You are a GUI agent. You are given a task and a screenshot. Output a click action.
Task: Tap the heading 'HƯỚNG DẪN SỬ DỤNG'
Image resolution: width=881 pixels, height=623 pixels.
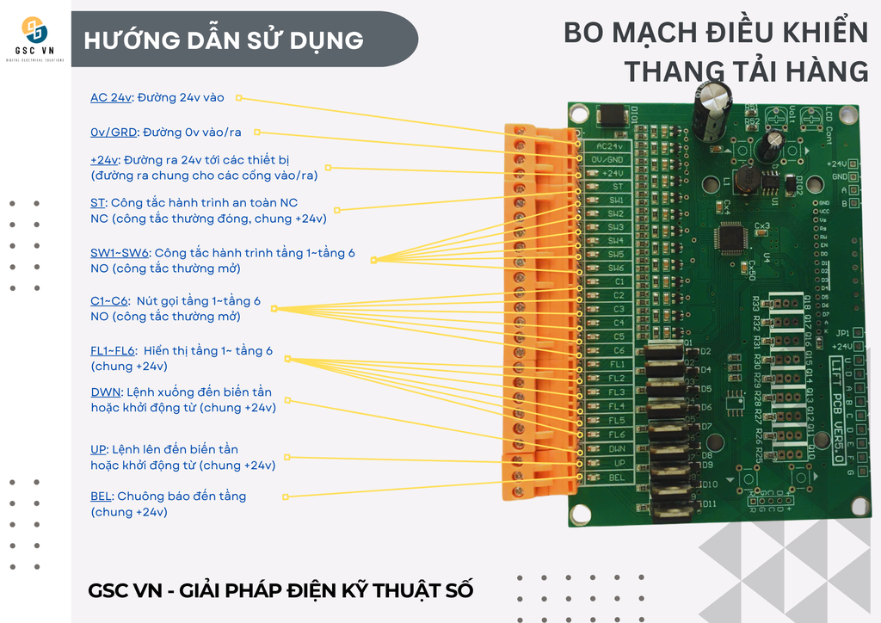coord(224,40)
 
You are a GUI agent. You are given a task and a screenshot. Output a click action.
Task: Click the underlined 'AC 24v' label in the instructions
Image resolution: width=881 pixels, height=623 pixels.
coord(111,97)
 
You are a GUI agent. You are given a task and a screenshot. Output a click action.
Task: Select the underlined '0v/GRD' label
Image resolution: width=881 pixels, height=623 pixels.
coord(114,132)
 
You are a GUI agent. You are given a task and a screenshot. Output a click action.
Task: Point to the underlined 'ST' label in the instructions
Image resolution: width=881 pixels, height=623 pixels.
coord(97,202)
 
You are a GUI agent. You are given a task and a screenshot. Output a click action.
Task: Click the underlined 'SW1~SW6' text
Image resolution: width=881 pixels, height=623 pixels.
coord(120,253)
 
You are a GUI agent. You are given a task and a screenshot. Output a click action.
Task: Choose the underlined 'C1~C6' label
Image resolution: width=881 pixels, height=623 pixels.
coord(109,301)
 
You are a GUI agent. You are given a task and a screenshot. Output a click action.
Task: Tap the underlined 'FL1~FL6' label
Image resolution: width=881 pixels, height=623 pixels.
coord(113,350)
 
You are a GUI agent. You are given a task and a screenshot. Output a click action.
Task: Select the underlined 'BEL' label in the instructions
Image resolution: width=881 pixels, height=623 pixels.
coord(102,496)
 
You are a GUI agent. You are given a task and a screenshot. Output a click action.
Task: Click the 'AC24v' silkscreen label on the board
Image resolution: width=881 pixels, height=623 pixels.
coord(608,146)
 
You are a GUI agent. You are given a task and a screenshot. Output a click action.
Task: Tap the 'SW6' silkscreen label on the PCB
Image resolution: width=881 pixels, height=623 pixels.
coord(616,268)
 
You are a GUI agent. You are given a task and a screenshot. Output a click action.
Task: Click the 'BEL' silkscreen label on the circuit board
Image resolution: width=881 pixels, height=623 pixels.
coord(616,477)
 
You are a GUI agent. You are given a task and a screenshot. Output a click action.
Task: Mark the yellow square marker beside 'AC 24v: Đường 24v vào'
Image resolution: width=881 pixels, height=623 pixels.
coord(239,98)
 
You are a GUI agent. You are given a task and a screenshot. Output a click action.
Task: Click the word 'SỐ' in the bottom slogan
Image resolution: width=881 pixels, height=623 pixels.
coord(456,591)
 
